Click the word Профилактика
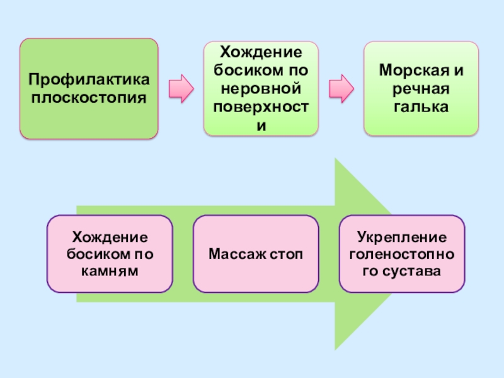pos(89,81)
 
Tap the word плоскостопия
pos(89,97)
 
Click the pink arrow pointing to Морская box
pos(342,88)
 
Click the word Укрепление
pos(402,238)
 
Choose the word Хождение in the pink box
pos(110,238)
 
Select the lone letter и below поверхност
pos(260,125)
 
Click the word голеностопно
pos(402,255)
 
